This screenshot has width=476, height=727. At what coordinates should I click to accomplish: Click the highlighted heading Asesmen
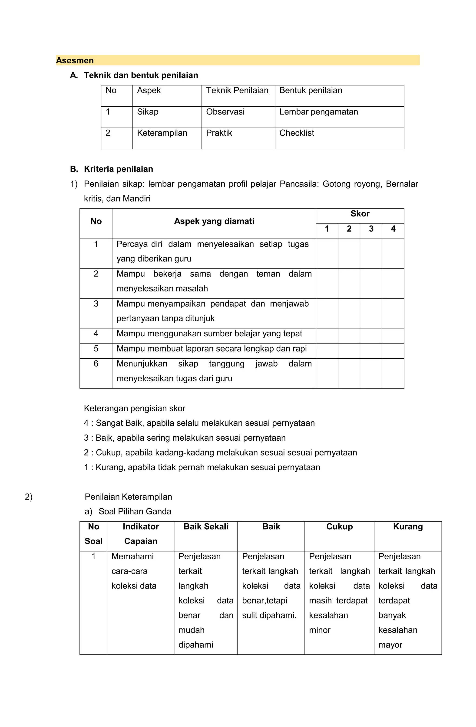tap(75, 60)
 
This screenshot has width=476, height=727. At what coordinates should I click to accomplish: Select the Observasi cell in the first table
tap(225, 112)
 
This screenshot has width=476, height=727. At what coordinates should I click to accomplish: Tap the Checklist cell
tap(297, 133)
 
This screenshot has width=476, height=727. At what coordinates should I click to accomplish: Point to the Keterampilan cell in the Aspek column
tap(162, 133)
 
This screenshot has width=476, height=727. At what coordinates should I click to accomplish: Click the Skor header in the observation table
tap(360, 214)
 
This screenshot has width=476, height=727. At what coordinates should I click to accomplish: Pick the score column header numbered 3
tap(371, 229)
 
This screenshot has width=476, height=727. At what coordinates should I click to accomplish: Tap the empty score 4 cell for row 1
tap(393, 254)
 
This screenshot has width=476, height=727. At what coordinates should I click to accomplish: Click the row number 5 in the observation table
tap(96, 349)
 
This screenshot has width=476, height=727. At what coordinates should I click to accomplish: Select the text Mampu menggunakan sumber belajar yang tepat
tap(209, 334)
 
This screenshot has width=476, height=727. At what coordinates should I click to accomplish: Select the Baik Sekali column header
tap(206, 527)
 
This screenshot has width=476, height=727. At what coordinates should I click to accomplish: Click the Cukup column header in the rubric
tap(339, 527)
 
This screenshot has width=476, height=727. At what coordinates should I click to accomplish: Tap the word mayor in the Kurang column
tap(390, 645)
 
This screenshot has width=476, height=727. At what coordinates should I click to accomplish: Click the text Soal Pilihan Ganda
tap(135, 512)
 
